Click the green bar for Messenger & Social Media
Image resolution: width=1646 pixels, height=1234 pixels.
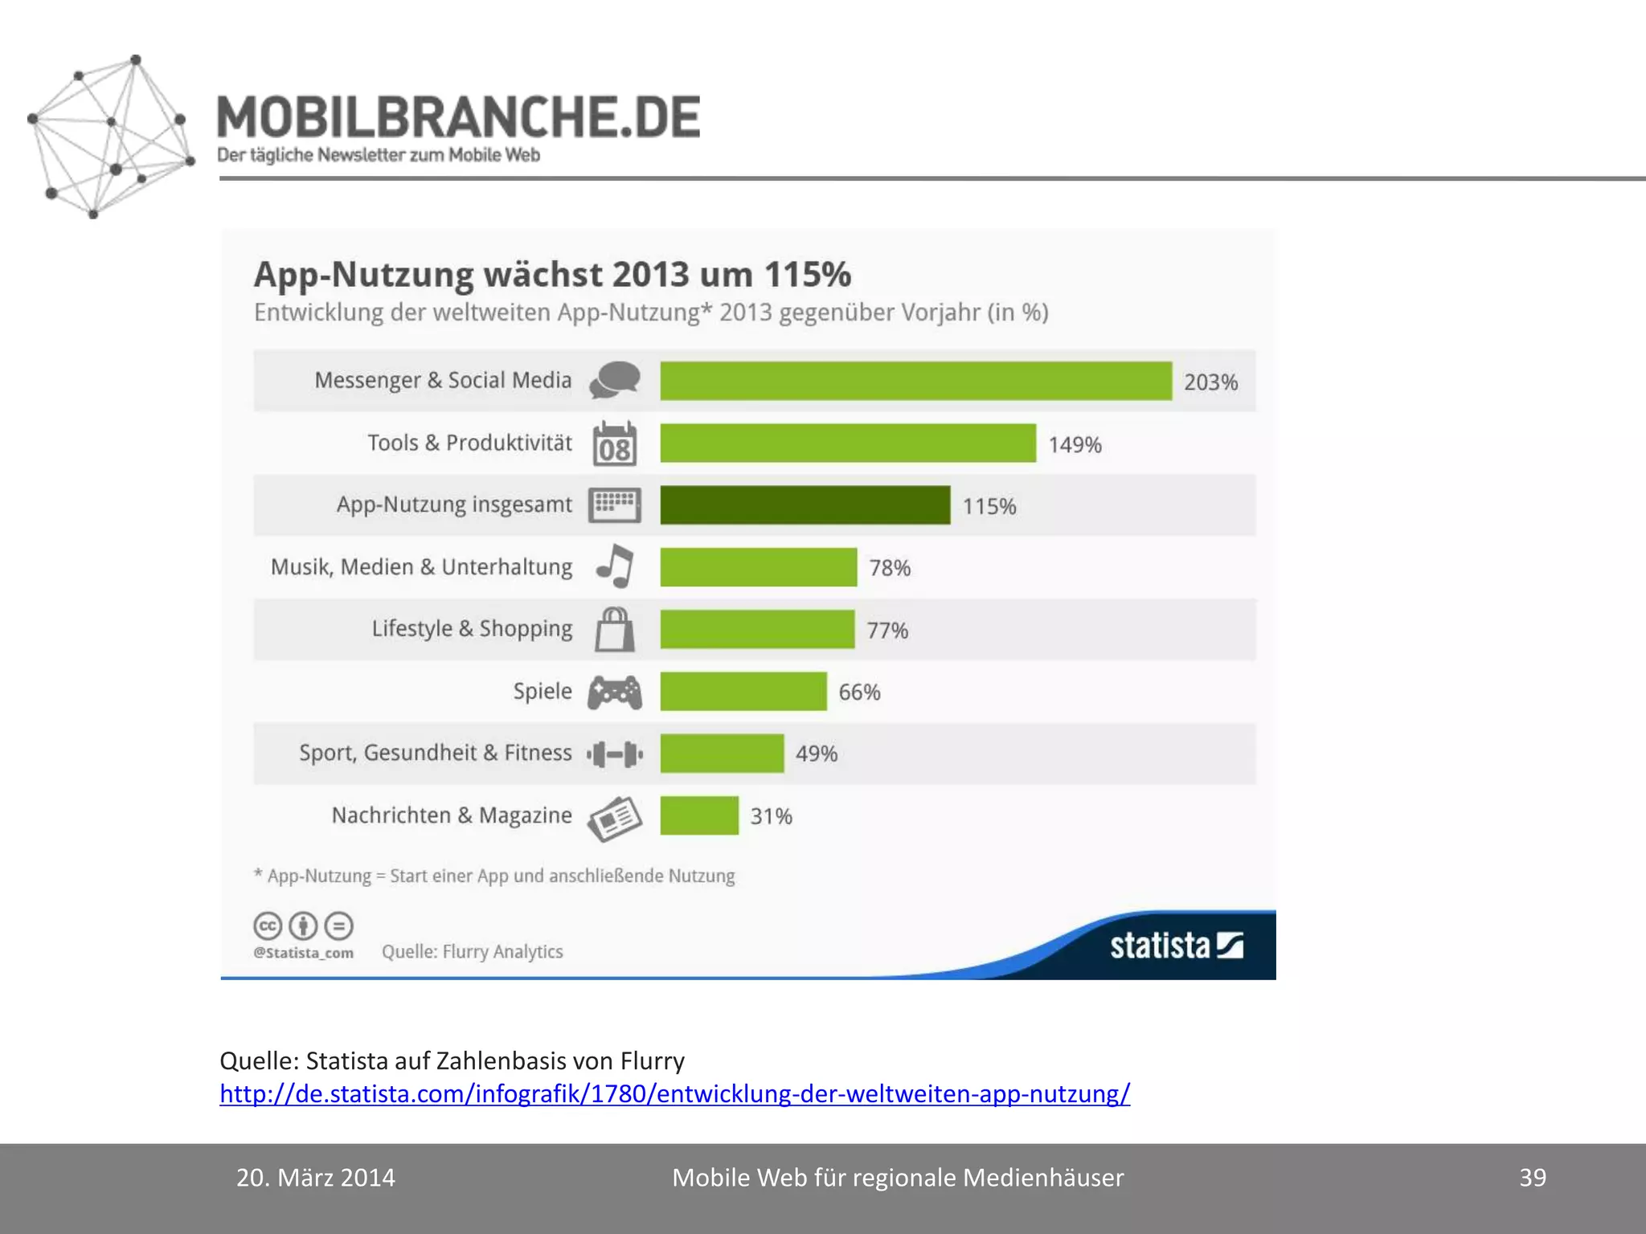(x=915, y=381)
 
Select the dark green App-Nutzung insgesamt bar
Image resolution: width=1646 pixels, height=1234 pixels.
(x=805, y=505)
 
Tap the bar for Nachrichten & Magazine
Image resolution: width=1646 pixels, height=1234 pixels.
(x=699, y=815)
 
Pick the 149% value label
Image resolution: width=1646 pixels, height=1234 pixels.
(x=1075, y=444)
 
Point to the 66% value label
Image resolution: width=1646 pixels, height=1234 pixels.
(x=859, y=692)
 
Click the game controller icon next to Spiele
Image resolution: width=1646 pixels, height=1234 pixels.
(x=615, y=692)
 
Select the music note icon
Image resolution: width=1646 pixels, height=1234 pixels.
(x=616, y=566)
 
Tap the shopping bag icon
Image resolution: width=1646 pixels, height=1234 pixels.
(x=615, y=629)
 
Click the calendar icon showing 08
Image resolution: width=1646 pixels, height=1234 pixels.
(x=615, y=444)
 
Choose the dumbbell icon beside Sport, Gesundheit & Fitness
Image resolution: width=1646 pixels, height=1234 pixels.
(x=615, y=754)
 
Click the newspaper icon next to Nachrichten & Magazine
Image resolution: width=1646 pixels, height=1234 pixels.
(x=615, y=818)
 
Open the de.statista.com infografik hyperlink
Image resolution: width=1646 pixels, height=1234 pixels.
(x=674, y=1093)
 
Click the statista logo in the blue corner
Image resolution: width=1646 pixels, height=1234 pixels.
(x=1176, y=946)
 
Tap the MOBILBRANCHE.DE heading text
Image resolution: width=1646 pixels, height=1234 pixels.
(x=458, y=117)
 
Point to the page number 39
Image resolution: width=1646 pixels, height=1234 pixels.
(x=1532, y=1178)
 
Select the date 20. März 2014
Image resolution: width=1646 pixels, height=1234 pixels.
(x=316, y=1178)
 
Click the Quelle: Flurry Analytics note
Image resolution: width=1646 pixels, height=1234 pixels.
(x=472, y=951)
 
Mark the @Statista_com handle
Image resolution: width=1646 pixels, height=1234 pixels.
(x=303, y=953)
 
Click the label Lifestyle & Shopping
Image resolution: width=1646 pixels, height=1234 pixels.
(x=472, y=628)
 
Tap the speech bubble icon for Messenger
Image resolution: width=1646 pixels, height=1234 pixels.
(x=615, y=380)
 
